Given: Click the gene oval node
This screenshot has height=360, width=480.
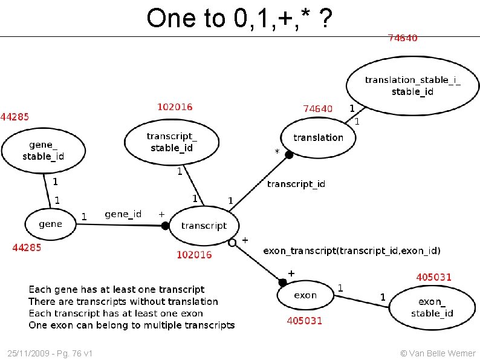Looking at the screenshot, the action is pos(50,224).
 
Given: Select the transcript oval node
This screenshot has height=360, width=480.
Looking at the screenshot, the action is pos(204,226).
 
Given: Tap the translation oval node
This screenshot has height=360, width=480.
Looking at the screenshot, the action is pos(319,138).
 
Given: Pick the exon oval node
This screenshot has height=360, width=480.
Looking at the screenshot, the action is pos(305,295).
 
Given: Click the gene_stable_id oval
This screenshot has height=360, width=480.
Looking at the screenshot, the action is pos(43,151).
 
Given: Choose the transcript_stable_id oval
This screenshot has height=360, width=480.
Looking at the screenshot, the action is pos(172,142).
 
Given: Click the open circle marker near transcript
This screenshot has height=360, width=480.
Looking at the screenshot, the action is pos(232,243).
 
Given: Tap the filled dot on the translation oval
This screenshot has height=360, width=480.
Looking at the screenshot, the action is pos(290,155).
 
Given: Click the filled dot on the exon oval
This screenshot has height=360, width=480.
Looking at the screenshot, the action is pos(282,282).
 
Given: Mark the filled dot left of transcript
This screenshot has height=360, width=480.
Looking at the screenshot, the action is pos(165,226).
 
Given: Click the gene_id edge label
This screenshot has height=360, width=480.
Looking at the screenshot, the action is pos(123,214).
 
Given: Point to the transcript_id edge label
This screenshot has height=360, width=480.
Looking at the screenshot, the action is pos(296,183).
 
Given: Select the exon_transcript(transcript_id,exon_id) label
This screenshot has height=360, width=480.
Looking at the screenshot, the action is pos(352,250).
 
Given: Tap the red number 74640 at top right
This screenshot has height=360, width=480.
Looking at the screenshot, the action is pos(402,38).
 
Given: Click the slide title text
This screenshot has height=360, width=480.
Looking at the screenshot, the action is pos(239,18).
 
